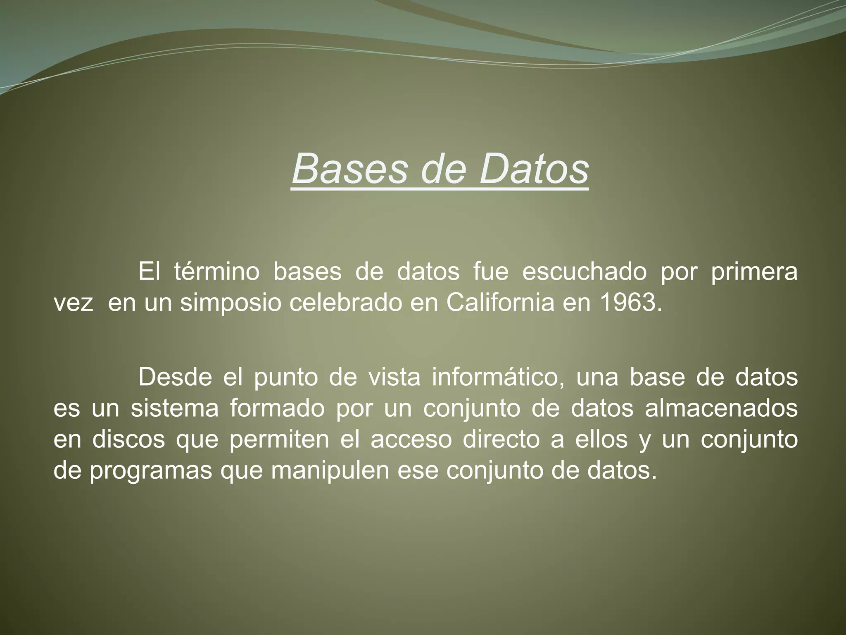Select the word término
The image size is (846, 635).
tap(216, 272)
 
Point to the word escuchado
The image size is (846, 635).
tap(584, 272)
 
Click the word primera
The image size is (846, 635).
tap(754, 272)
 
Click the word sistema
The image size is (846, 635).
tap(174, 408)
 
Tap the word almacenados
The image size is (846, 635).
tap(721, 408)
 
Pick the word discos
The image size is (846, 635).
tap(128, 439)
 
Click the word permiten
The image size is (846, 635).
tap(279, 439)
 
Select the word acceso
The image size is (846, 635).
tap(411, 439)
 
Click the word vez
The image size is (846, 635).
tap(73, 303)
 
